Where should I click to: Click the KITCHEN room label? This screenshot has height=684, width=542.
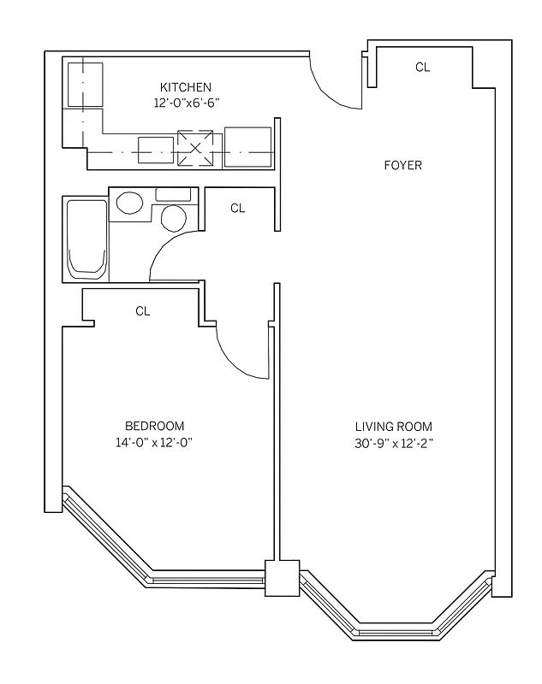[185, 87]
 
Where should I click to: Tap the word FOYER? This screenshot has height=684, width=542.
[402, 165]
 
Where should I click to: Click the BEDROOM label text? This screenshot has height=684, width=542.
[155, 426]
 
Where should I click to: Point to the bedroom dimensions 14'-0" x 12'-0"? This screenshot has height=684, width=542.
[155, 442]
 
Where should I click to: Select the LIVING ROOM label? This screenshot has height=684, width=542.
[394, 427]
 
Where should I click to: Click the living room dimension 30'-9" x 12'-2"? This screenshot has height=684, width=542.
[394, 443]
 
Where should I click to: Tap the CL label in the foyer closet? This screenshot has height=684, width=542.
[422, 67]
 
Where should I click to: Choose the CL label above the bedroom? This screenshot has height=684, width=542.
[143, 311]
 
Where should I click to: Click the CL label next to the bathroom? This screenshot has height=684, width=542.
[238, 208]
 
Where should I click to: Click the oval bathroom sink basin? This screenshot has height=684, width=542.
[130, 203]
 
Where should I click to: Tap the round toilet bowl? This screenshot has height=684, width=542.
[174, 217]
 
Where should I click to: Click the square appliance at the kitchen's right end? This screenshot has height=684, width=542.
[248, 146]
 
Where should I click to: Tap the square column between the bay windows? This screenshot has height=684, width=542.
[282, 578]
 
